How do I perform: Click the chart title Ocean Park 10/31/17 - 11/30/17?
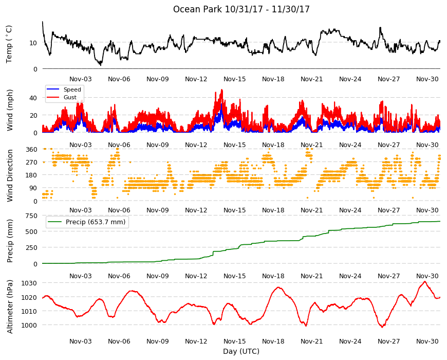tap(241, 9)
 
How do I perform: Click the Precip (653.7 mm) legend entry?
tap(87, 222)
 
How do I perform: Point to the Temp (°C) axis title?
tap(9, 44)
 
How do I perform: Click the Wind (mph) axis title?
tap(10, 110)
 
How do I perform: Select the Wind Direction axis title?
tap(10, 175)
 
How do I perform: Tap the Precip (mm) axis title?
tap(10, 241)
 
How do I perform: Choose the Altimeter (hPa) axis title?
tap(10, 307)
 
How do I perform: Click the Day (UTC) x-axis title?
tap(241, 351)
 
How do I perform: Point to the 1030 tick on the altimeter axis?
tap(29, 283)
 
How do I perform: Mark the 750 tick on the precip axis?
tap(31, 216)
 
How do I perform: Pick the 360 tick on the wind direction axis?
tap(31, 150)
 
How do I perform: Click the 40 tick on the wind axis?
tap(33, 98)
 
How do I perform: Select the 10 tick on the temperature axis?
tap(33, 43)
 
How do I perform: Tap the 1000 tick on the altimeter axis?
tap(29, 325)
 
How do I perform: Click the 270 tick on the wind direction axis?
tap(31, 163)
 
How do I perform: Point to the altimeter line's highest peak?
tap(425, 281)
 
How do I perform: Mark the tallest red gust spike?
tap(222, 90)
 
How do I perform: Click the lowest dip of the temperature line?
tap(100, 65)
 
